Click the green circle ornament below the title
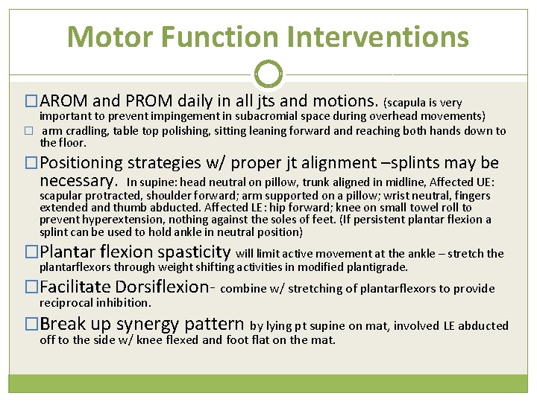pyautogui.click(x=268, y=74)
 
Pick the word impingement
pyautogui.click(x=191, y=116)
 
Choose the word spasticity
pyautogui.click(x=189, y=252)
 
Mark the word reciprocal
pyautogui.click(x=66, y=303)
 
